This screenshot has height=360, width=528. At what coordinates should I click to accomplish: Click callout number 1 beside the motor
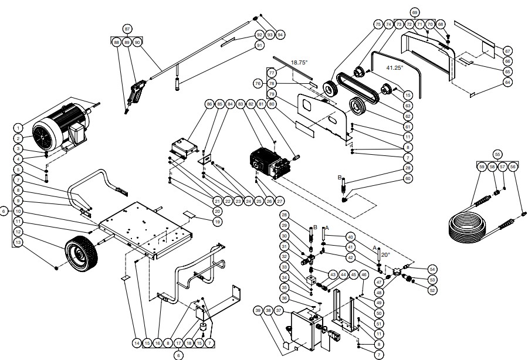tap(19, 127)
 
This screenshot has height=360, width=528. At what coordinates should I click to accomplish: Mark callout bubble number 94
tap(280, 35)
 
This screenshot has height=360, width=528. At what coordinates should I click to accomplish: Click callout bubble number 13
tap(19, 242)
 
